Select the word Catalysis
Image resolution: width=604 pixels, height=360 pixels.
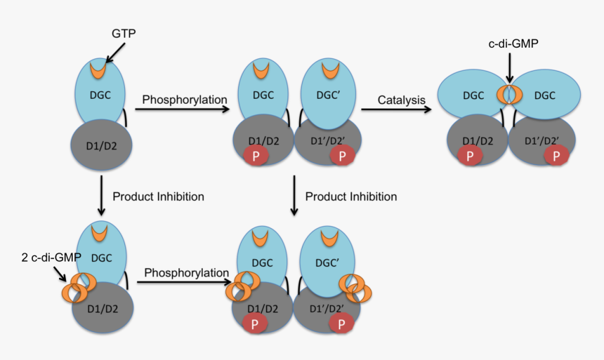click(x=401, y=100)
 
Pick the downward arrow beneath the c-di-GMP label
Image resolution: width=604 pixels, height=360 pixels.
click(x=511, y=68)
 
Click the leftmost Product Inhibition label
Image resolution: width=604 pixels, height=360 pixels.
click(x=158, y=196)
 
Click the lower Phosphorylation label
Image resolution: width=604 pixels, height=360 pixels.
click(x=187, y=272)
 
